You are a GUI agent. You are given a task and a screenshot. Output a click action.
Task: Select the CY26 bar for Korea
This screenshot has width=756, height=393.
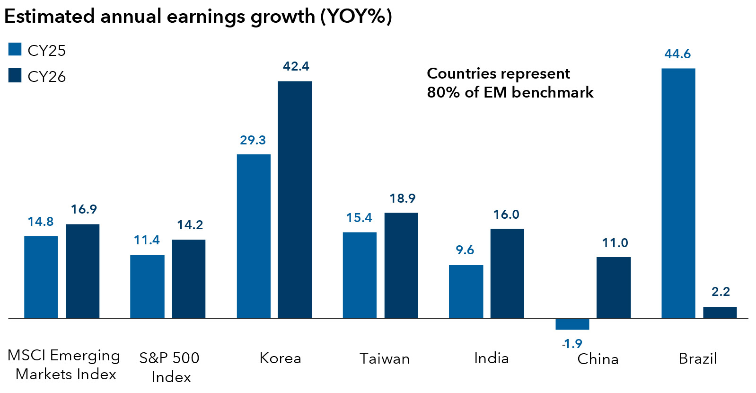(x=295, y=199)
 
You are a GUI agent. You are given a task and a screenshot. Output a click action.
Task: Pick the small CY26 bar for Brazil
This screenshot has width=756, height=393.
(x=720, y=313)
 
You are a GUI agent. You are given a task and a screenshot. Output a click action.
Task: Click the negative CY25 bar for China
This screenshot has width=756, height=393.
(x=572, y=324)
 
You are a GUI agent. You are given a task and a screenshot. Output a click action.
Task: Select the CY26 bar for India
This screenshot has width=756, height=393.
(x=507, y=273)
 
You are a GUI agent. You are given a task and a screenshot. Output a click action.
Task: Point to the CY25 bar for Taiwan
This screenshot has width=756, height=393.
(x=360, y=275)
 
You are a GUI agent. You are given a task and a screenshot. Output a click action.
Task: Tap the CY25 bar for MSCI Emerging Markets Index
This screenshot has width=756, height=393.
(x=41, y=277)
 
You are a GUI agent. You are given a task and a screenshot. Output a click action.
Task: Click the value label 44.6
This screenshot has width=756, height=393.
(x=677, y=54)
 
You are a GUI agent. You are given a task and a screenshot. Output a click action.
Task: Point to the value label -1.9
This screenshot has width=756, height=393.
(x=571, y=343)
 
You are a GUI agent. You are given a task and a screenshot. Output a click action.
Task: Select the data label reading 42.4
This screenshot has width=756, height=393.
(x=296, y=66)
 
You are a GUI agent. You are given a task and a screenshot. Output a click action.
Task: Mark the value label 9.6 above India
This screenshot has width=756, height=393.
(x=465, y=250)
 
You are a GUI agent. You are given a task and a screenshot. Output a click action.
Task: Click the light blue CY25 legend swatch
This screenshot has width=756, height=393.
(x=15, y=49)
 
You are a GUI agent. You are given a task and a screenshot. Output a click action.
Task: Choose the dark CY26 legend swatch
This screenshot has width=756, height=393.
(x=15, y=76)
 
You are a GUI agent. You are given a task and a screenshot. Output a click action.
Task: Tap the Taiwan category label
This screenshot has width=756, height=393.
(x=384, y=358)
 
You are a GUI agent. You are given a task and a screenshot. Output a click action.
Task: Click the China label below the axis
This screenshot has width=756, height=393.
(x=598, y=359)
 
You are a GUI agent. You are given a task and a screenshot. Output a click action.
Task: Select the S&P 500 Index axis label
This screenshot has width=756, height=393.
(x=169, y=367)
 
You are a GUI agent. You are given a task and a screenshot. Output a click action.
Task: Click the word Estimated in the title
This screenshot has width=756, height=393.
(x=50, y=17)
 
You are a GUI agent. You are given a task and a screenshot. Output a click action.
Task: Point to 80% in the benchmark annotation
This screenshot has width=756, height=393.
(x=443, y=92)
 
